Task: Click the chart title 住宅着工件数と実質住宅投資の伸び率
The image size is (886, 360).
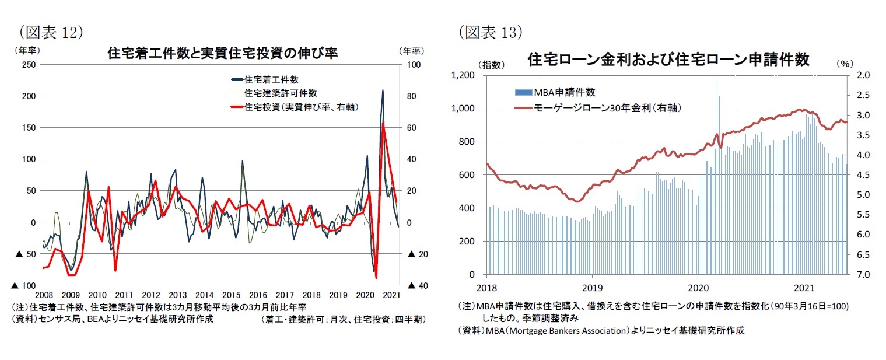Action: (x=223, y=54)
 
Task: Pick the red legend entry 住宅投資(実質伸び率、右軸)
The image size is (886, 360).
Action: (x=301, y=107)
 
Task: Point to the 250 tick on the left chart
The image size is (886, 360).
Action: (x=27, y=64)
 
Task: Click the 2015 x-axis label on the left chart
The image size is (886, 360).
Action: (x=232, y=295)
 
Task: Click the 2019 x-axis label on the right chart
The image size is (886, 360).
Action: (x=593, y=288)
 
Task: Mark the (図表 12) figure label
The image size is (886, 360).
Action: (x=51, y=33)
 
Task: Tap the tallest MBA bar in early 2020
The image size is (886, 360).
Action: (x=717, y=81)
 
